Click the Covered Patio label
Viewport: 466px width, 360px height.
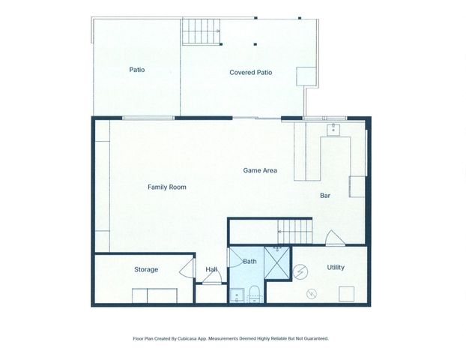point(250,73)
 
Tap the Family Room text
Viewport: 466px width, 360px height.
point(166,187)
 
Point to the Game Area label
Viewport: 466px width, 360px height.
point(260,171)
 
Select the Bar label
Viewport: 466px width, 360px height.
point(325,196)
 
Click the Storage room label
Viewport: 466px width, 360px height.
point(146,269)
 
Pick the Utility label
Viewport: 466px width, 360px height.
point(335,267)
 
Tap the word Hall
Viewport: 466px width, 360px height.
point(211,270)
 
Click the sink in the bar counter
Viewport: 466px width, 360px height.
point(333,129)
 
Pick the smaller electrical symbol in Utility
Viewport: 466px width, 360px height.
point(312,292)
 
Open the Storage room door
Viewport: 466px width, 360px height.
point(184,269)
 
